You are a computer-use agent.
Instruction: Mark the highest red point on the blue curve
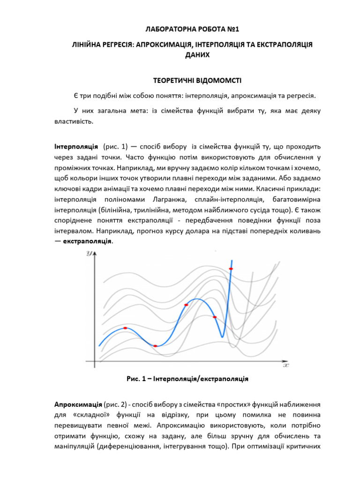tap(231, 269)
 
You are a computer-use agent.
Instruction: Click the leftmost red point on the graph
tap(125, 328)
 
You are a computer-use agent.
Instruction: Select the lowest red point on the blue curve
tap(156, 346)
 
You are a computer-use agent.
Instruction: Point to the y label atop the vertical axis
tap(88, 254)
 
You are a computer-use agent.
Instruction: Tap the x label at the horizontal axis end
tap(286, 365)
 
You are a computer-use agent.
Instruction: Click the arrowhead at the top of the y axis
tap(96, 254)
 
